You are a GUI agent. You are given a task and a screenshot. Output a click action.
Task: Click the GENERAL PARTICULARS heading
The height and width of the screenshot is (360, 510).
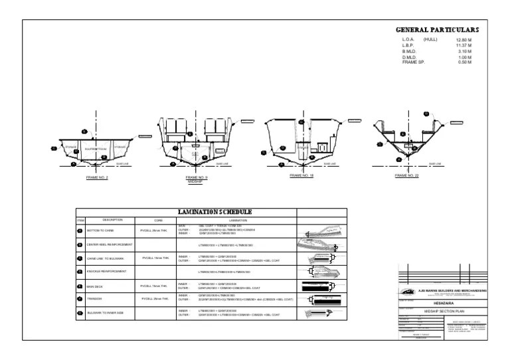click(x=437, y=30)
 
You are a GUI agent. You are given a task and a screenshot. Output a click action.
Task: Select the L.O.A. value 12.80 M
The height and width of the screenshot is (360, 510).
click(x=464, y=41)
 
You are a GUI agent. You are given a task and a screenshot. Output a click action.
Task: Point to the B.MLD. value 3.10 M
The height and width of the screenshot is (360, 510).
click(x=464, y=51)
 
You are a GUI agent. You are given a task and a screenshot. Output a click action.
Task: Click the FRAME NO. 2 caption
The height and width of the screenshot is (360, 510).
click(x=97, y=178)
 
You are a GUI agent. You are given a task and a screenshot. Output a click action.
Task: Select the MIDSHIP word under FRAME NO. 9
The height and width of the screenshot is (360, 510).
click(x=197, y=181)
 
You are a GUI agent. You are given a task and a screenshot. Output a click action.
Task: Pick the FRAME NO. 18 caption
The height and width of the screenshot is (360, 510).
click(x=301, y=176)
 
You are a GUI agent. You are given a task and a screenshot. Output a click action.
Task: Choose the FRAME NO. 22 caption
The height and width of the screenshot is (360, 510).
click(x=406, y=176)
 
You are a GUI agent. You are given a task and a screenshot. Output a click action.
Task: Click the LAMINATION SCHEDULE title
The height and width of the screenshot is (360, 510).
click(x=214, y=212)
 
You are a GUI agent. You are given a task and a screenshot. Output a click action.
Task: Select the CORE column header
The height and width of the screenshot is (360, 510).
click(x=158, y=220)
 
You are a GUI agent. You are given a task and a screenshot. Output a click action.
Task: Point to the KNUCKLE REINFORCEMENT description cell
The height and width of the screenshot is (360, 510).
click(x=107, y=272)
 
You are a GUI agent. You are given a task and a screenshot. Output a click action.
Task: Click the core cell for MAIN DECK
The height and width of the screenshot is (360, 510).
click(x=155, y=286)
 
